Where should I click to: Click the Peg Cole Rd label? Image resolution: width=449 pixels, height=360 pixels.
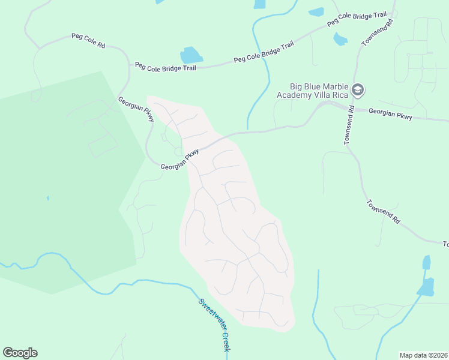click(x=88, y=41)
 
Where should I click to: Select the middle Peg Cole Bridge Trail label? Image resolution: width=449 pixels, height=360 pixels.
click(x=264, y=52)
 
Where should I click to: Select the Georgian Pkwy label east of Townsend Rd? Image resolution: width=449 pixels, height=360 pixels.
click(x=390, y=114)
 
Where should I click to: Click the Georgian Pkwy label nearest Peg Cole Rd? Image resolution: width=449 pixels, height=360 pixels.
click(x=136, y=110)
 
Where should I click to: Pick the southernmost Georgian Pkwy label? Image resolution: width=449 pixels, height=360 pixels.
click(x=179, y=161)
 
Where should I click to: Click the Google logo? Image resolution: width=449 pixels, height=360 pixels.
click(x=20, y=353)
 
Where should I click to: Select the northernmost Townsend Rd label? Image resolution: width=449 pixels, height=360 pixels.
click(x=378, y=32)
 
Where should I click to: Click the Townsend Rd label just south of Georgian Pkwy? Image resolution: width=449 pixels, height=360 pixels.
click(x=349, y=125)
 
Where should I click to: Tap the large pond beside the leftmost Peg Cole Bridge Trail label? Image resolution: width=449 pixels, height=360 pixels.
click(x=191, y=55)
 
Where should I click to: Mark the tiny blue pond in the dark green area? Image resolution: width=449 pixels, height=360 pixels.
click(x=47, y=197)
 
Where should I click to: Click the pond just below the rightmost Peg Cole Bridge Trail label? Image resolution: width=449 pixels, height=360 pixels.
click(x=340, y=39)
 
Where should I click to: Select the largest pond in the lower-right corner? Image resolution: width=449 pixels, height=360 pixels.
click(x=426, y=287)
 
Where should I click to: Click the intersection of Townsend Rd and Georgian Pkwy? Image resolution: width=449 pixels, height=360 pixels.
click(x=351, y=109)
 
